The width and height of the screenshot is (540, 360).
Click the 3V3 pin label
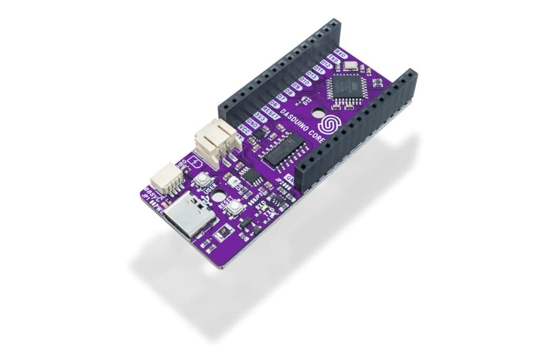[x=259, y=115]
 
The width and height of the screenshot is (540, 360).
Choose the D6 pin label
[x=274, y=104]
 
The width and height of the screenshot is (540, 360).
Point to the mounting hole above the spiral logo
[x=318, y=112]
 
